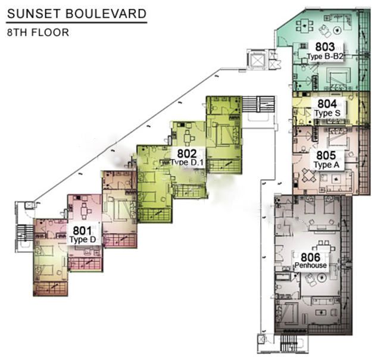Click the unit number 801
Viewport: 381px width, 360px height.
click(83, 230)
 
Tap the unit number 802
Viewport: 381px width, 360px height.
click(187, 154)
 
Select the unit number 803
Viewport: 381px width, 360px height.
click(325, 47)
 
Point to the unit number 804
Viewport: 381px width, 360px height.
click(327, 104)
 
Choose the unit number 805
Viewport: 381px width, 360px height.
click(326, 155)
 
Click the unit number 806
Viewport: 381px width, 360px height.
click(311, 257)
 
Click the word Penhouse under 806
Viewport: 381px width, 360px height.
click(311, 265)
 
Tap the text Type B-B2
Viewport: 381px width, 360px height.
click(325, 57)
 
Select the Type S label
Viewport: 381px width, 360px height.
click(327, 113)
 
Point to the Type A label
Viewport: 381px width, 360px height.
click(326, 165)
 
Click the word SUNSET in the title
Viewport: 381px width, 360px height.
click(33, 14)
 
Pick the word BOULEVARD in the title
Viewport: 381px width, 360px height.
click(106, 14)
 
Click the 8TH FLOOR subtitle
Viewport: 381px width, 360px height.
click(38, 33)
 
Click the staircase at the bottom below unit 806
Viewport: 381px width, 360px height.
click(289, 343)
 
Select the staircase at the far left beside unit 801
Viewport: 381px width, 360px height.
click(24, 233)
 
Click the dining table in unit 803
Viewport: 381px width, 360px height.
click(304, 25)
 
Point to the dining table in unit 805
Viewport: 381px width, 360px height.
click(309, 175)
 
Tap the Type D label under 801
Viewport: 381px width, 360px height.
click(83, 240)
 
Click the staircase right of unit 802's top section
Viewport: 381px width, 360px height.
click(258, 104)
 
